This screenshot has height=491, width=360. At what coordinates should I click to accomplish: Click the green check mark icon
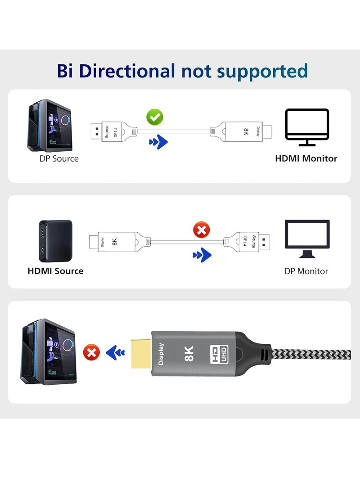tap(155, 118)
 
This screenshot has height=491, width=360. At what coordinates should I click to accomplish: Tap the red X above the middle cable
tap(201, 231)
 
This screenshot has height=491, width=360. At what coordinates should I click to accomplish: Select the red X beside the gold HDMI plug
tap(92, 352)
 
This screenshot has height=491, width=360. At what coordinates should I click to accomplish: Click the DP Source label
tap(59, 158)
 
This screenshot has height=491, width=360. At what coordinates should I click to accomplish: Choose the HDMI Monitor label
tap(306, 158)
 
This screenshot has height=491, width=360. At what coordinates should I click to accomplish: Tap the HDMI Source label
tap(55, 271)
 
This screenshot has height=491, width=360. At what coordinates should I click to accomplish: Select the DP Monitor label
tap(306, 271)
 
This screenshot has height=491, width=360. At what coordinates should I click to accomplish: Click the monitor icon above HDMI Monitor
tap(307, 126)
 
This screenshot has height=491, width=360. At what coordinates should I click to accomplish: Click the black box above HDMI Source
tap(55, 241)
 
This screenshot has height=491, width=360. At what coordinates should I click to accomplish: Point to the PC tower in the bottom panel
tap(47, 351)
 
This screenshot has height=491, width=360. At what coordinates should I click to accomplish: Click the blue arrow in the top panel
tap(158, 143)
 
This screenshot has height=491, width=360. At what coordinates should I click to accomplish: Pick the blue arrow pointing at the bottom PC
tap(115, 352)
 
